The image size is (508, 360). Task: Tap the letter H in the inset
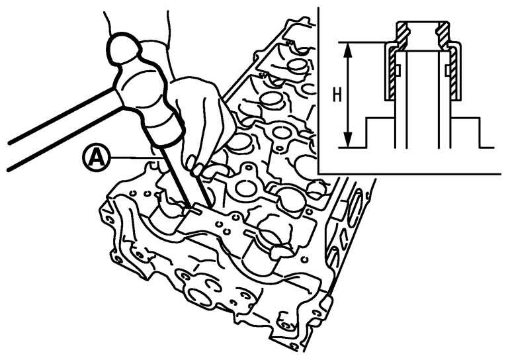point(336,95)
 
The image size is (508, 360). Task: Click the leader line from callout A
point(132,157)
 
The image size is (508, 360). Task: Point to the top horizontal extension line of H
point(364,42)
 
